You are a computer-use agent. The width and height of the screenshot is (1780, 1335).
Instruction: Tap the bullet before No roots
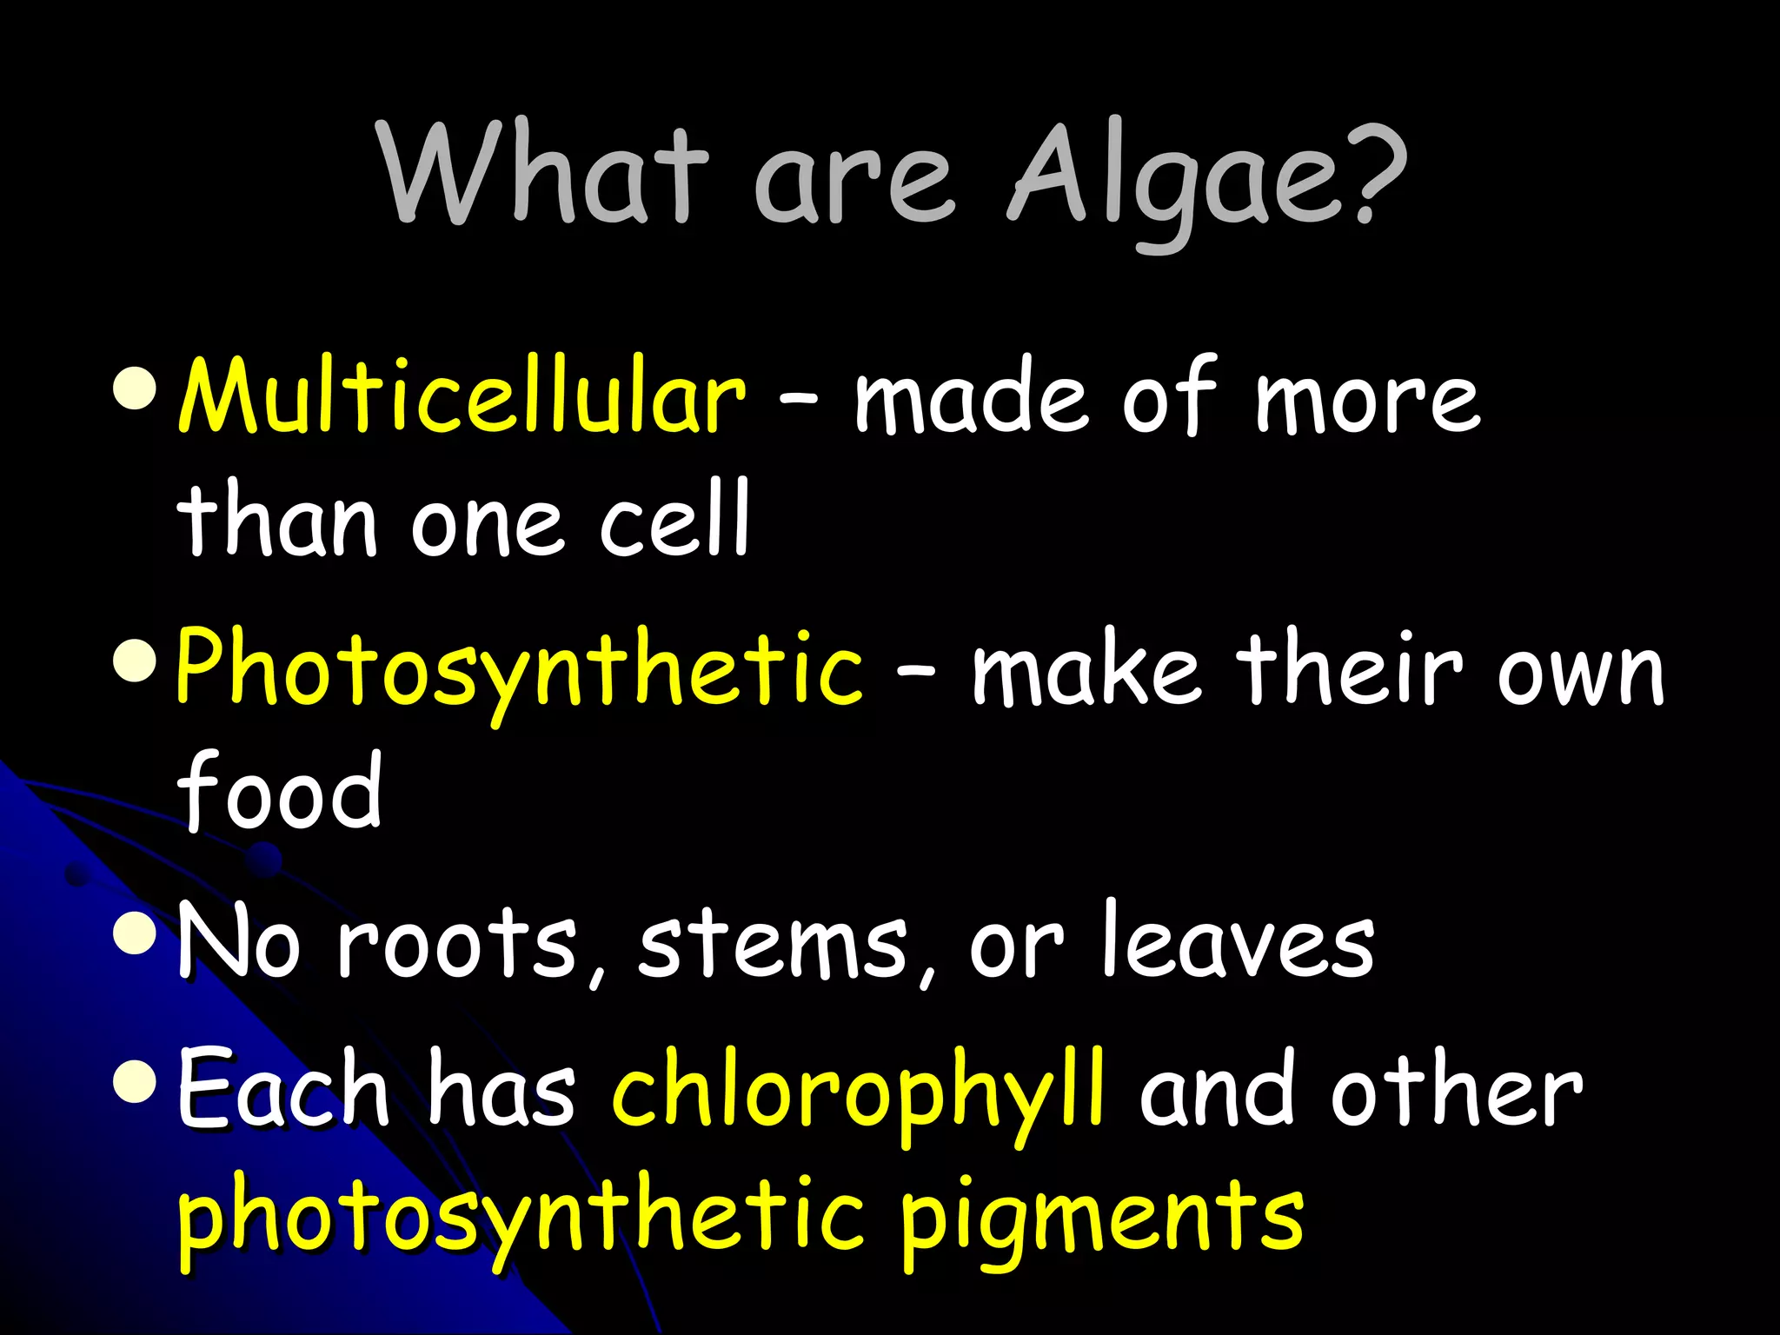click(x=135, y=935)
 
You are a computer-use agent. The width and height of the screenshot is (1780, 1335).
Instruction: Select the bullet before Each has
click(x=135, y=1083)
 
